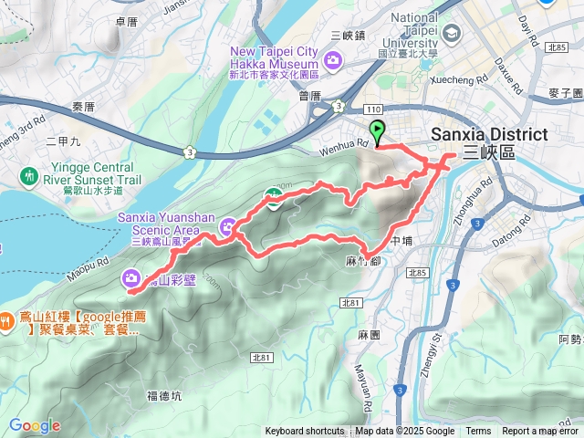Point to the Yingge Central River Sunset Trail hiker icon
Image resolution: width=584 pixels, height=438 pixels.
(30, 173)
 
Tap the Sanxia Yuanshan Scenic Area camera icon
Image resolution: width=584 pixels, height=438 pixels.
(228, 225)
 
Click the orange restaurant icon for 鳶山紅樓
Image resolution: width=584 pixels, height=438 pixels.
(7, 320)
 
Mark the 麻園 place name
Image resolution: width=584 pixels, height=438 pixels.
(370, 335)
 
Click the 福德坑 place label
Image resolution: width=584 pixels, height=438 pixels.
(164, 395)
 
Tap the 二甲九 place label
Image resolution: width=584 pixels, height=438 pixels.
(63, 142)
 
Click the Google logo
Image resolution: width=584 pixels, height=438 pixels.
(34, 425)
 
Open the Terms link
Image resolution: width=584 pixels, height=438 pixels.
(478, 432)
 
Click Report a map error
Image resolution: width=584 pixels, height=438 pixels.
(540, 432)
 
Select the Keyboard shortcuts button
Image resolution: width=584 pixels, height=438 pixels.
(305, 432)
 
